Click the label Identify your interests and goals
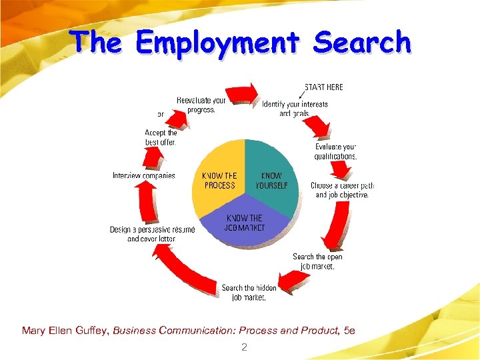295,108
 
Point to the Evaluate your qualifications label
335,151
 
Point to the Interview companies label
143,176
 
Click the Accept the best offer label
161,137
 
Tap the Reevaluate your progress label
201,105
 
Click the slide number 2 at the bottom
244,347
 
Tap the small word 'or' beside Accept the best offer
161,114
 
